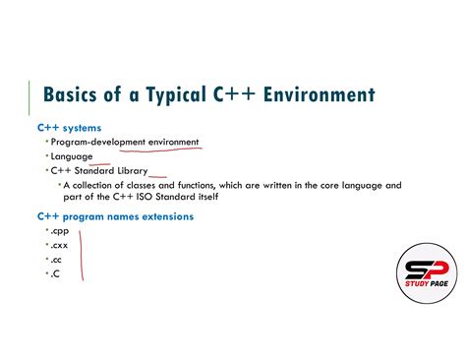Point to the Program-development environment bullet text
[124, 142]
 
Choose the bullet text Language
[72, 156]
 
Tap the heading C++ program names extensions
[115, 215]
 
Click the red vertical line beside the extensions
[82, 254]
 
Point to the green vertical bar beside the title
[30, 99]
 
